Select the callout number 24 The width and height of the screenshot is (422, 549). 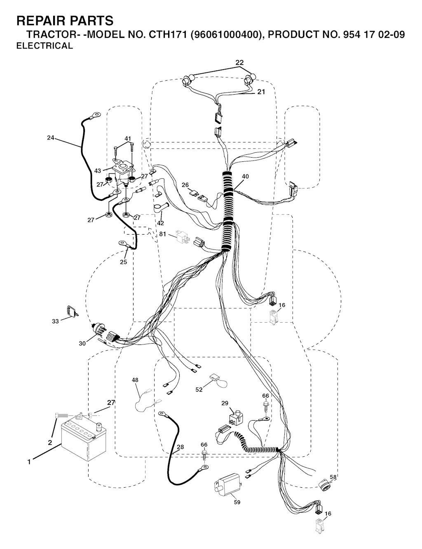click(51, 138)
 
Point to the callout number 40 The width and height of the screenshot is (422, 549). click(245, 177)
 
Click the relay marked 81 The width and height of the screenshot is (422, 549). click(183, 237)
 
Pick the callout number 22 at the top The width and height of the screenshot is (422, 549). click(239, 63)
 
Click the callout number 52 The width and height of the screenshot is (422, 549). click(199, 390)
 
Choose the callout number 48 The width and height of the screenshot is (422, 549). click(135, 380)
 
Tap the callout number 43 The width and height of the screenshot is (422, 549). click(98, 171)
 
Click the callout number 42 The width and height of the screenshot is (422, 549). click(160, 223)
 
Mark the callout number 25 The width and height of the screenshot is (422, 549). click(124, 262)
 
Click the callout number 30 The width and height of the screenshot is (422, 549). click(82, 343)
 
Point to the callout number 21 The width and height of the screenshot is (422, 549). click(261, 92)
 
